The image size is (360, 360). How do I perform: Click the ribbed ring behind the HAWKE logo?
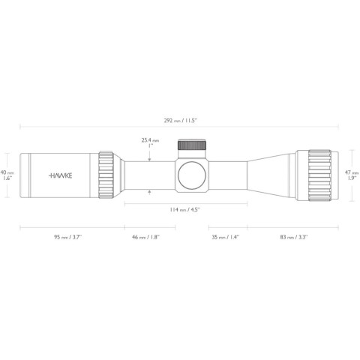[x=106, y=175]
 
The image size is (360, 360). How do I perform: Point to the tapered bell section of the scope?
[x=270, y=175]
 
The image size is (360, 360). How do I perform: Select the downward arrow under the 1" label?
[x=151, y=157]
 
